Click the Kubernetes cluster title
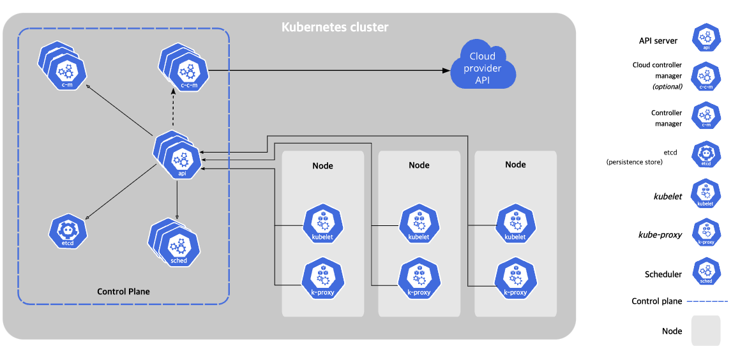pos(335,27)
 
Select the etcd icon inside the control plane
pos(68,230)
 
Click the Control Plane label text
pos(123,291)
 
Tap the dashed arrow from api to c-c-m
pos(173,110)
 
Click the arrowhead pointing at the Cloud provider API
pos(446,71)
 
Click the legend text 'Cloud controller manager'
pos(657,70)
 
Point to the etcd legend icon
pos(706,154)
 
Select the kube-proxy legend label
pos(660,235)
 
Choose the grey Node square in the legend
pos(706,331)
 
